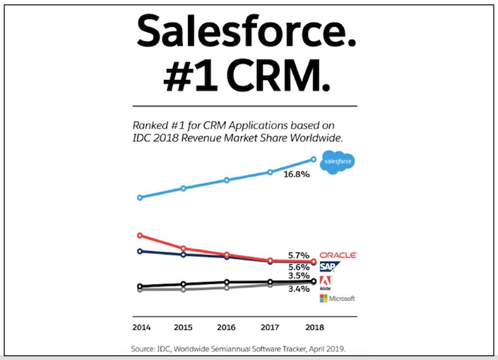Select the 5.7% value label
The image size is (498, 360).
click(x=298, y=254)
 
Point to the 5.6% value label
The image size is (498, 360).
click(x=298, y=267)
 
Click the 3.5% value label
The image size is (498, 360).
click(x=298, y=276)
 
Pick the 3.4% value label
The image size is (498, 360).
click(x=298, y=288)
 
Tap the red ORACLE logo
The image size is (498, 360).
click(x=337, y=254)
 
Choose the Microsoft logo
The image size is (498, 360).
click(x=337, y=298)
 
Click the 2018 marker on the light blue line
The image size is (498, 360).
click(x=313, y=159)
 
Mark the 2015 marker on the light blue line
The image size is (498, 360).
click(x=183, y=188)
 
